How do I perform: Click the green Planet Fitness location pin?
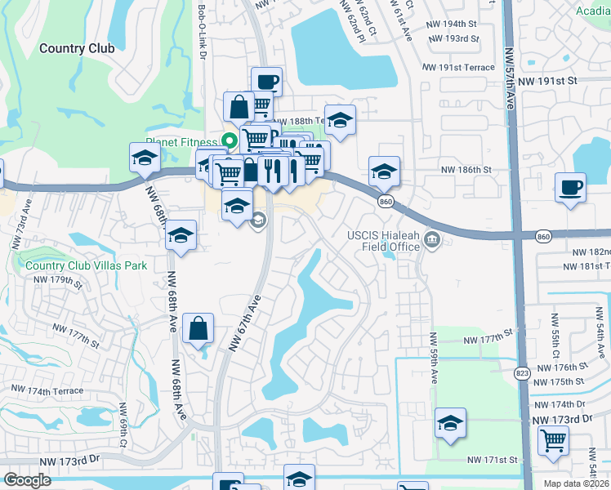tap(230, 140)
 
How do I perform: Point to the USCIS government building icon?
tap(432, 240)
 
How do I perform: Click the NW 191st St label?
tap(550, 81)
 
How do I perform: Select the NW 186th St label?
tap(466, 169)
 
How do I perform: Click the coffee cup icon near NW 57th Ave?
tap(570, 187)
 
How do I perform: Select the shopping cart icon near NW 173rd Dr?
tap(554, 440)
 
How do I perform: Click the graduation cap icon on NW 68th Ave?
tap(181, 236)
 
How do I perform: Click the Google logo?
tap(28, 480)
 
